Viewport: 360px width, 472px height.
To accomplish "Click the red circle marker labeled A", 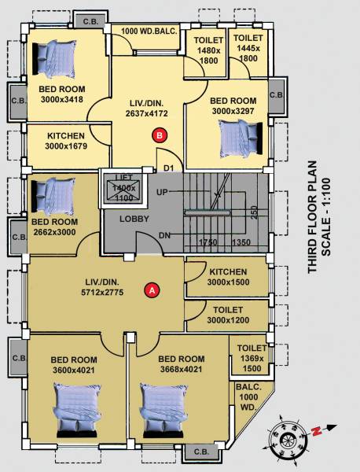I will pos(152,289).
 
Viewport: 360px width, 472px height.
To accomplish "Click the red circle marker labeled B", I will pos(160,135).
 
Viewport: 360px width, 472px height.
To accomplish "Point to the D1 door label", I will pos(167,167).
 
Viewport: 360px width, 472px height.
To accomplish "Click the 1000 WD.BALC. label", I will pos(147,30).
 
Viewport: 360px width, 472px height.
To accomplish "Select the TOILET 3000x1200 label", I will pos(229,315).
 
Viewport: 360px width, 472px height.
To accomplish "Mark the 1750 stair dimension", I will pos(208,242).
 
